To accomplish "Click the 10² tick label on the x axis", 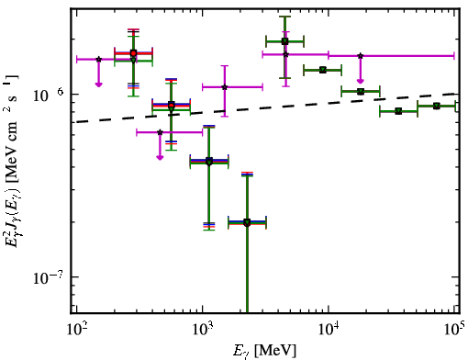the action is click(76, 330).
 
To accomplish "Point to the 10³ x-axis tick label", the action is click(203, 330).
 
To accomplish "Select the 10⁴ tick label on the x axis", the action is click(329, 330).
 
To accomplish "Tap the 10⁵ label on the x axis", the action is click(455, 328).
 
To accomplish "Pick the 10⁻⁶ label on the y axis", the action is click(49, 95).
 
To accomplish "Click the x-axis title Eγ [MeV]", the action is click(264, 351).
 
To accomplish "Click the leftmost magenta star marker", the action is click(98, 59).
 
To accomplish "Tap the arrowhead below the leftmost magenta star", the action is click(98, 84).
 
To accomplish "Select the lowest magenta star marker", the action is click(160, 132).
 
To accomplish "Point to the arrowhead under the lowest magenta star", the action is click(160, 157).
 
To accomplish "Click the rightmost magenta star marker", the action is click(361, 56).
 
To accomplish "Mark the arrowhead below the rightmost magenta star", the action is click(361, 81).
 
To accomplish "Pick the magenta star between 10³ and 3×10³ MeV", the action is click(225, 87).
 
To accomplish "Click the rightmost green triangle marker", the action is click(437, 106).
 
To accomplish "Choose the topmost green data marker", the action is click(284, 41).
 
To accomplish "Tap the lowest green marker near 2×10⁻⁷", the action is click(247, 222).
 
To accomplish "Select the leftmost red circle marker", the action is click(133, 53).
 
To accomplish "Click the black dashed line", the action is click(268, 107).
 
